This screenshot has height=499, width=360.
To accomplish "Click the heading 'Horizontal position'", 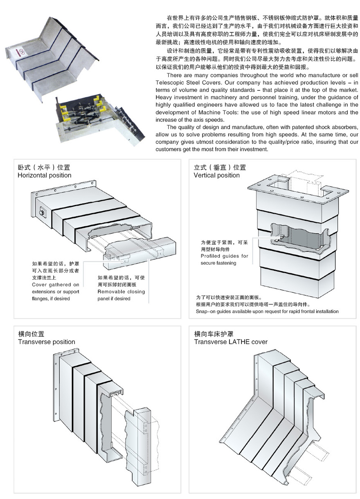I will [45, 175].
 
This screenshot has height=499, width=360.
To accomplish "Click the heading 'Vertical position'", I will [216, 175].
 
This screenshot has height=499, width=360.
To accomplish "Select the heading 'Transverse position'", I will [47, 342].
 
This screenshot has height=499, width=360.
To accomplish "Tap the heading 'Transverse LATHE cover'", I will [231, 342].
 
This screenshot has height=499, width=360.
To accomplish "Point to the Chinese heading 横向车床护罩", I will [214, 334].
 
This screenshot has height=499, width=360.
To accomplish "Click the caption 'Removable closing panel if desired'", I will [121, 295].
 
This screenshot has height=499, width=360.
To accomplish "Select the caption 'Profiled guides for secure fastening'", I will [224, 259].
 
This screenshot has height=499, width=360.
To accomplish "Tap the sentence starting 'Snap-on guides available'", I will [267, 311].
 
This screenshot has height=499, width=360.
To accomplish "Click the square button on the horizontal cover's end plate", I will [42, 213].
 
